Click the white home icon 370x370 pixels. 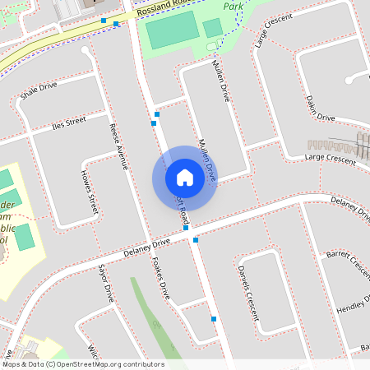click(185, 178)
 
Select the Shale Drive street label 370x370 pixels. click(38, 90)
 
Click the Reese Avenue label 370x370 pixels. click(119, 146)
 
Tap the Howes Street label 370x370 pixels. click(89, 194)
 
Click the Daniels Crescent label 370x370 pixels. click(247, 293)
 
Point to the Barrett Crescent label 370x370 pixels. click(348, 264)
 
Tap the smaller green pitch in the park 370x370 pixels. click(213, 28)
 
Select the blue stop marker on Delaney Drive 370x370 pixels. click(196, 240)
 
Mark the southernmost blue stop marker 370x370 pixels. click(214, 318)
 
